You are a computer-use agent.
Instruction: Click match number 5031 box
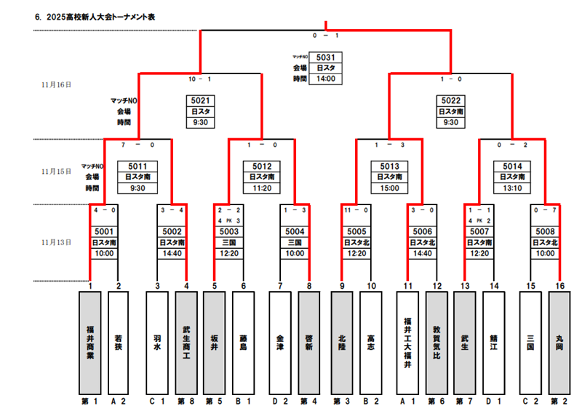pyautogui.click(x=325, y=57)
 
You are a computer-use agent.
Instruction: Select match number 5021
pyautogui.click(x=200, y=101)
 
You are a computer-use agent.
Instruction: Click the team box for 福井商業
pyautogui.click(x=89, y=342)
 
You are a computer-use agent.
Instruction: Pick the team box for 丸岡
pyautogui.click(x=559, y=342)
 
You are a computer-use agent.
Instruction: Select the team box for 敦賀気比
pyautogui.click(x=436, y=342)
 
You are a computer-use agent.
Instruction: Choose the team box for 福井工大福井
pyautogui.click(x=408, y=342)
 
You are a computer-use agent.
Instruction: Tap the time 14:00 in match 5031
pyautogui.click(x=325, y=79)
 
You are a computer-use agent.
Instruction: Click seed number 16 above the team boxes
pyautogui.click(x=559, y=286)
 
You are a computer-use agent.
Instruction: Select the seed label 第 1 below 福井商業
pyautogui.click(x=89, y=401)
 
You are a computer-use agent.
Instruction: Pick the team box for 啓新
pyautogui.click(x=309, y=342)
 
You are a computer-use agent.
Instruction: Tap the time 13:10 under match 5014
pyautogui.click(x=511, y=188)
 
